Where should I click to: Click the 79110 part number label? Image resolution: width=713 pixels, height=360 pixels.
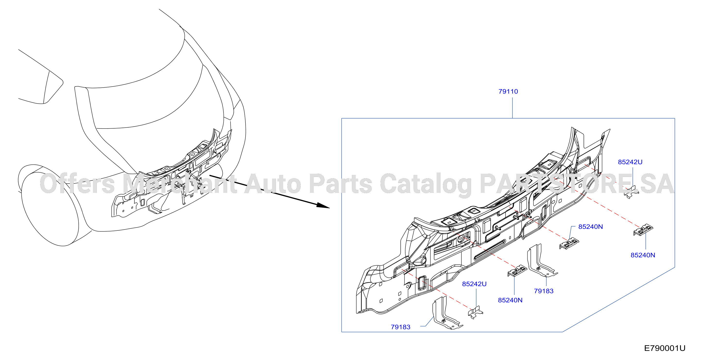click(508, 92)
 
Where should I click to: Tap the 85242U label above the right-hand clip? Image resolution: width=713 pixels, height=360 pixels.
click(630, 162)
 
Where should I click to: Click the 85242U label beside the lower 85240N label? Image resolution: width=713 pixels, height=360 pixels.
click(474, 284)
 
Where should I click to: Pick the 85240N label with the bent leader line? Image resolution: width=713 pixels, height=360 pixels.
click(590, 227)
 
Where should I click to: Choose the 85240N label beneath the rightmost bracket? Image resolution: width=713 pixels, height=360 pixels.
click(643, 255)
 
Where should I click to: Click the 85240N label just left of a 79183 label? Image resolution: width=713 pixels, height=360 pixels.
click(510, 300)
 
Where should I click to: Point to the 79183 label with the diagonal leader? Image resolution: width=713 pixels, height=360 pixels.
click(400, 327)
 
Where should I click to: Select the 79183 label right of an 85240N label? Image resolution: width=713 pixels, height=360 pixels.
click(544, 291)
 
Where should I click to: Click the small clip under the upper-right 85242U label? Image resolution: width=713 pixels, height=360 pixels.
click(631, 192)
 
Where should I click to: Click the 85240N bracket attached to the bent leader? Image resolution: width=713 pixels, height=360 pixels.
click(569, 243)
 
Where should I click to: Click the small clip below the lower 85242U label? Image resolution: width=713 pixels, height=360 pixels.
click(475, 313)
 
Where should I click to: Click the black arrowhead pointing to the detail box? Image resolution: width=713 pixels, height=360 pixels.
click(323, 205)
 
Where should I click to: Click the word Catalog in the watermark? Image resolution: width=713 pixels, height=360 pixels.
click(426, 184)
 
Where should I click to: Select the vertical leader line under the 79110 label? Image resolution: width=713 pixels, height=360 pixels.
click(512, 108)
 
